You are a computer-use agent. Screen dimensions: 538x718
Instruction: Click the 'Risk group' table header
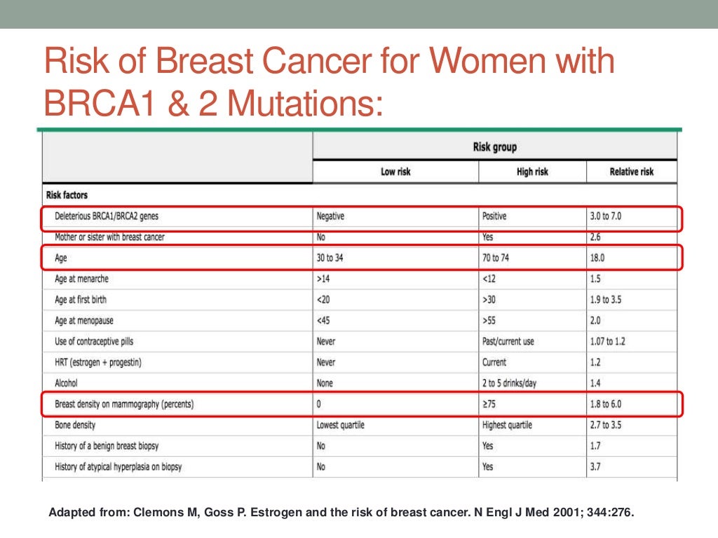(495, 148)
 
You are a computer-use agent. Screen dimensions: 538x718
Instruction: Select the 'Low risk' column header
(395, 172)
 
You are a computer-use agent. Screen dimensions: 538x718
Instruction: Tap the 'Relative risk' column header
(632, 172)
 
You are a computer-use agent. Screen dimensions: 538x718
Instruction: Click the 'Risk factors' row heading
(67, 195)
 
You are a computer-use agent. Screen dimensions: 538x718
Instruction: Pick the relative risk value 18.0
(597, 258)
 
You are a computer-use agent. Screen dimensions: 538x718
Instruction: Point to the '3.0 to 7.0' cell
(606, 216)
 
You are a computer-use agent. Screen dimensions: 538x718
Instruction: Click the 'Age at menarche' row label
(81, 279)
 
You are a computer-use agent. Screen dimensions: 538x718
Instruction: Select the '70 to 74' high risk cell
(496, 258)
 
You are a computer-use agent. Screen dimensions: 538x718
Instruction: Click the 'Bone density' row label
(75, 425)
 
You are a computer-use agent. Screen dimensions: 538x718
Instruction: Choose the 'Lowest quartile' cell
(341, 425)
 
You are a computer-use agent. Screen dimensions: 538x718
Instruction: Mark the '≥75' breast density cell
(490, 404)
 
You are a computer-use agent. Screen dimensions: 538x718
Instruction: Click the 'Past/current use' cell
(508, 342)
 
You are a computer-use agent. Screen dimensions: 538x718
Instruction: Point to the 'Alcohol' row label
(67, 383)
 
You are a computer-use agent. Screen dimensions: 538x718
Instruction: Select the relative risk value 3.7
(595, 467)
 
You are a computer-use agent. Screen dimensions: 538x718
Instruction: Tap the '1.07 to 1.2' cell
(607, 342)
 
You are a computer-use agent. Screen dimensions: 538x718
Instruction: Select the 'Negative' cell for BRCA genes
(331, 216)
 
